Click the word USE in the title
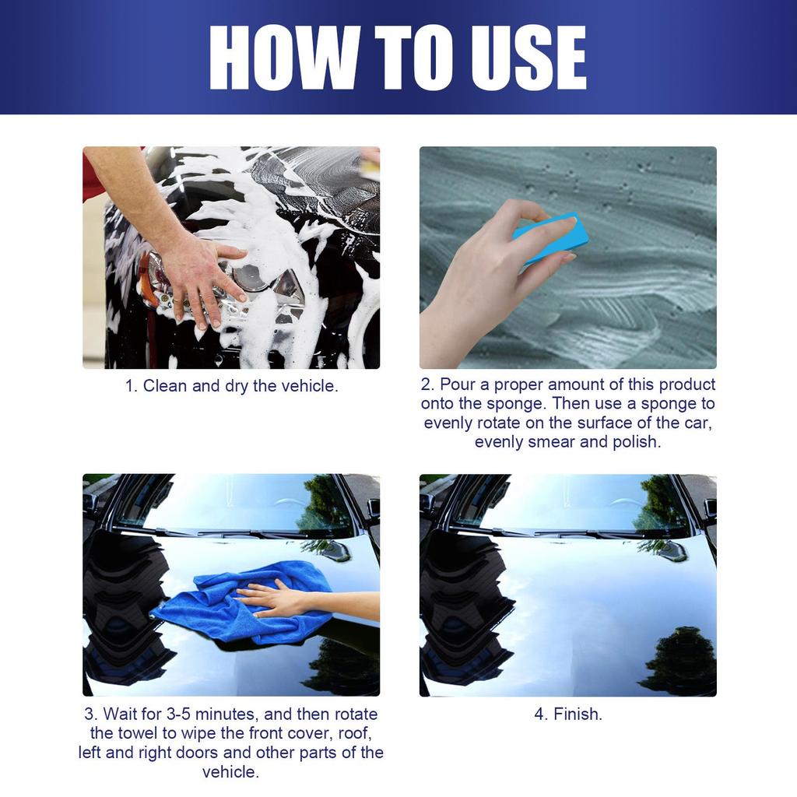point(528,58)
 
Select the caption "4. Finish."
point(567,714)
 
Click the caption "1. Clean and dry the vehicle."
point(232,385)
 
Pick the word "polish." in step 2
point(636,441)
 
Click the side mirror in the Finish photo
point(672,550)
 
